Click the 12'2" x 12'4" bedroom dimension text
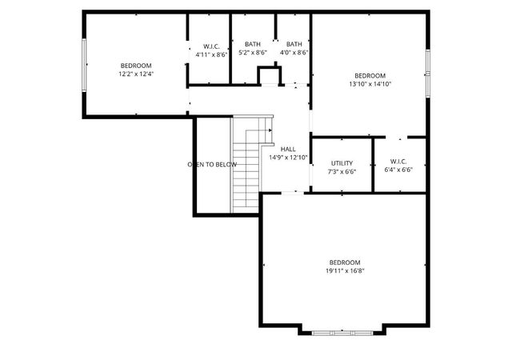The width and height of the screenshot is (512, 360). point(135,74)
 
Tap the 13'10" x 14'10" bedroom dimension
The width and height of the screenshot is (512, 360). point(370,83)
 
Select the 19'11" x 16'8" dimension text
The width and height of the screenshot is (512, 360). point(345,271)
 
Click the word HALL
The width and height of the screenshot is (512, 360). point(288,149)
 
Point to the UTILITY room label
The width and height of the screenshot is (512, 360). point(342,162)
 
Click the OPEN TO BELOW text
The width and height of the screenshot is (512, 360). point(212,165)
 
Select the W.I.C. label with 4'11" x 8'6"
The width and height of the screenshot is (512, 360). point(211,46)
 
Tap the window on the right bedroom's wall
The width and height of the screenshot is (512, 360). point(428,72)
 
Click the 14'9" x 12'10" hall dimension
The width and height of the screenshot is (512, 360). point(288,158)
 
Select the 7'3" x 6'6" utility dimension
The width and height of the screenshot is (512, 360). point(342,171)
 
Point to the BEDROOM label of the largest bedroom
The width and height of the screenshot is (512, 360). point(345,262)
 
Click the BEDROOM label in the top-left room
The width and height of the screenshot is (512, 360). point(135,65)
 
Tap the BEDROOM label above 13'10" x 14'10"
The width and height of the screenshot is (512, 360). point(370,75)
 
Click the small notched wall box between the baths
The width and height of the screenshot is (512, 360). point(270,74)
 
